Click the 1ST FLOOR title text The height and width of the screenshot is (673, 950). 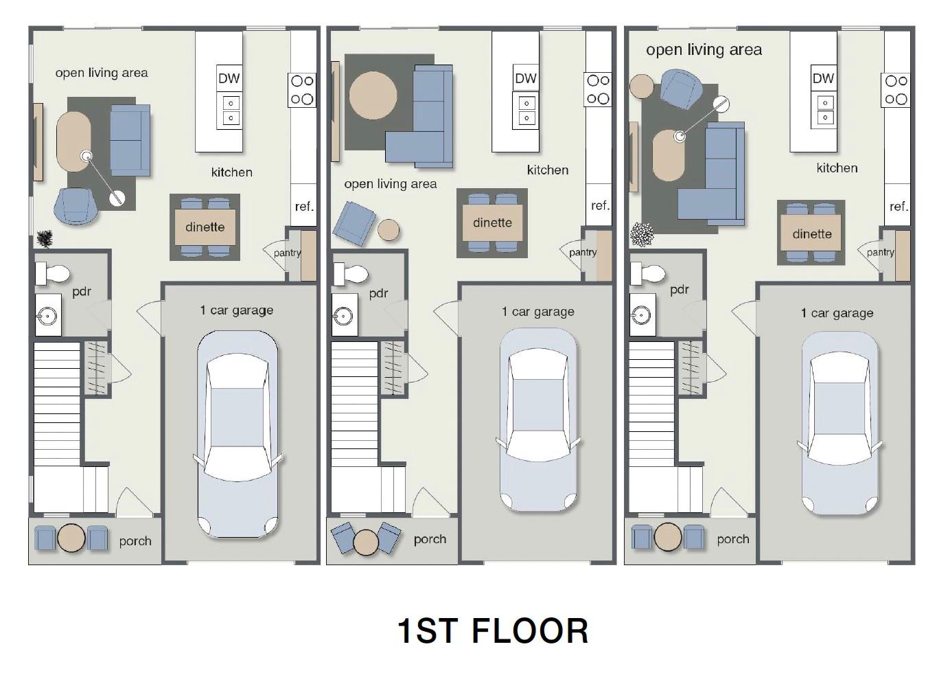point(493,630)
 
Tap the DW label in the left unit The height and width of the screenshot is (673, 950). point(229,78)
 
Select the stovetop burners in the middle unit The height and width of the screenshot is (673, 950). point(598,89)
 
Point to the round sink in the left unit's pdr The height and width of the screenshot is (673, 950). point(47,317)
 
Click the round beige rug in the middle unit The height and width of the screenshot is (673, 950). point(373,95)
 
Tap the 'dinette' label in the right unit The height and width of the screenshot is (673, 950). point(811,234)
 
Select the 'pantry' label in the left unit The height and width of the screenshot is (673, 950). point(287,253)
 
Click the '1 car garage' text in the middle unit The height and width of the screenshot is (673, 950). point(537,312)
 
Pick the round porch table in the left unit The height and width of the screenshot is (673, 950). point(71,538)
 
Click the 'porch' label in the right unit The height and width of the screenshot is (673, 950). point(733,539)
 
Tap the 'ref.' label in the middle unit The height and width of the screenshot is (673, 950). point(600,205)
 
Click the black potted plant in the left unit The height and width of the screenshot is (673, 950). point(45,239)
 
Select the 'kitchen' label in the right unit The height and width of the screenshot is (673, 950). point(837,168)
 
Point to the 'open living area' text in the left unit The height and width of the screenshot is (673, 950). point(102,73)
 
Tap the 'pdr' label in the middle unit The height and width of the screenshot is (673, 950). point(378,293)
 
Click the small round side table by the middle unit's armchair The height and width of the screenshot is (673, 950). point(389,229)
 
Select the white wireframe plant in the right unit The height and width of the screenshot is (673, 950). point(642,234)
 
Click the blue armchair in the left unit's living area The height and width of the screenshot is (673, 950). point(76,205)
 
